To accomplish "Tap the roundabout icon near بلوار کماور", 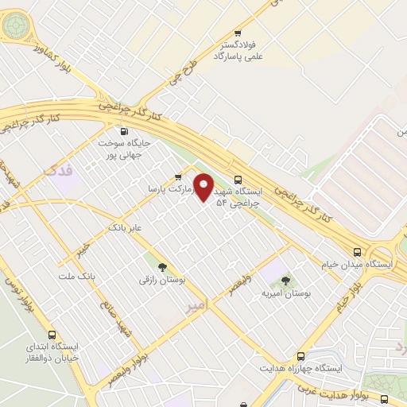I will [15, 26].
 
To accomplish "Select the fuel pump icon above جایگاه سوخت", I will [123, 132].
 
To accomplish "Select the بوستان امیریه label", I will [285, 293].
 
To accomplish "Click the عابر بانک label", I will [126, 227].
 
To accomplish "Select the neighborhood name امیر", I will [194, 305].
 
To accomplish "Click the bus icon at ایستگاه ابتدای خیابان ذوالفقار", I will [53, 335].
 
